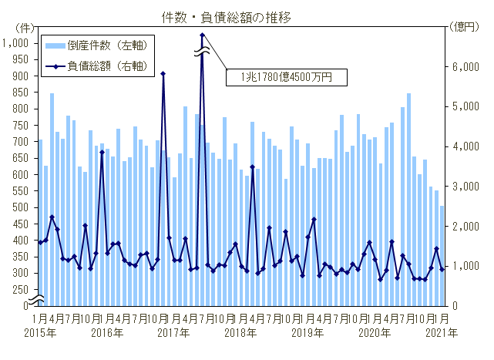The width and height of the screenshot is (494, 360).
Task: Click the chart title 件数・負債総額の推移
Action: [247, 15]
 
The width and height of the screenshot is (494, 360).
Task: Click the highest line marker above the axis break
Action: [202, 35]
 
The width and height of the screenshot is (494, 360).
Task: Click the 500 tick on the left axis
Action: [21, 207]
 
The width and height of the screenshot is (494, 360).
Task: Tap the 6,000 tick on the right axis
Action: [462, 67]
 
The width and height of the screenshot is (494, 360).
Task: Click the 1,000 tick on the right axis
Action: [462, 266]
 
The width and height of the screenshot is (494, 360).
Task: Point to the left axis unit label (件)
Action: [24, 27]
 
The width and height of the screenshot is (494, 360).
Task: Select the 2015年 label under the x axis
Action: [40, 333]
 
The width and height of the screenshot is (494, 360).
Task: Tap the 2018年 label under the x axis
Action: [240, 333]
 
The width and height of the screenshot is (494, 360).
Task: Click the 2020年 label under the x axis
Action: [375, 333]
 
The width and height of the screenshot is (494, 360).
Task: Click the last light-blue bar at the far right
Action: [442, 255]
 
